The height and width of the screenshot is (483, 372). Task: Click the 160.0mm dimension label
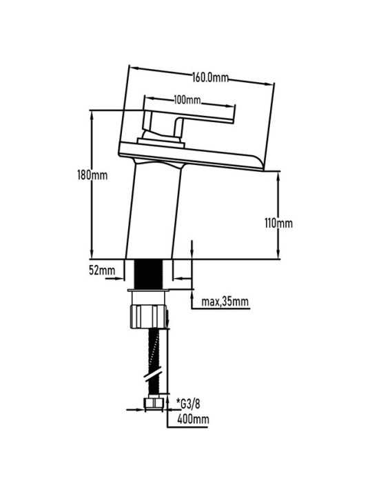click(211, 77)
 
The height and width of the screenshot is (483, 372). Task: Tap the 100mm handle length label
click(187, 99)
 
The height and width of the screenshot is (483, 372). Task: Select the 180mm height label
click(92, 175)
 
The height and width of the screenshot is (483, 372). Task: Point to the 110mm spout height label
click(278, 223)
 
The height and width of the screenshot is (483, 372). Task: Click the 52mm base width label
click(102, 270)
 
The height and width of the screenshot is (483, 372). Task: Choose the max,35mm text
click(225, 302)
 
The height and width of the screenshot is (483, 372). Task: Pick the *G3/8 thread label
click(188, 404)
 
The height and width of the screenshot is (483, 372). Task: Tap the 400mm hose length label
click(193, 419)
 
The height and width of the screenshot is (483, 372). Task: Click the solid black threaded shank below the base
click(149, 274)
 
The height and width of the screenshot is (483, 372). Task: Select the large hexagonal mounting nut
click(148, 317)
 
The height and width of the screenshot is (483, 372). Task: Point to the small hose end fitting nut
click(154, 404)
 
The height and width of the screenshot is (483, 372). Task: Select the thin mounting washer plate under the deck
click(149, 290)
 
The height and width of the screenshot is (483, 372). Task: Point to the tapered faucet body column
click(153, 213)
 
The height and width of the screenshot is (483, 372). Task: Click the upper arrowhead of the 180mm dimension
click(92, 116)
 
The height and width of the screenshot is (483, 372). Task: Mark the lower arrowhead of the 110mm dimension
click(278, 253)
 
